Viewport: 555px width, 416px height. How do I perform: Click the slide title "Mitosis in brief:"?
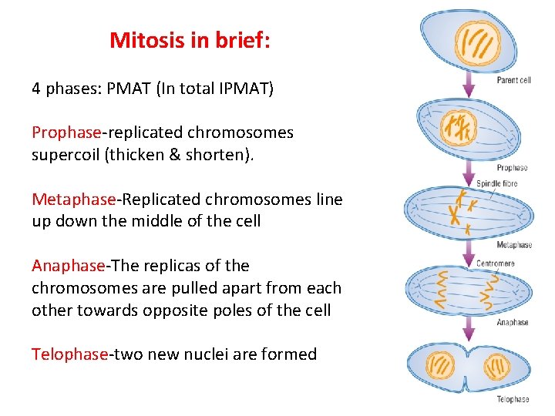(190, 40)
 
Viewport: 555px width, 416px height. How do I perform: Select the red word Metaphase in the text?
(73, 200)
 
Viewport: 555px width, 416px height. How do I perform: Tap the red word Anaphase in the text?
(68, 266)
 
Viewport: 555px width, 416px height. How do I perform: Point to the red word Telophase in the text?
(69, 354)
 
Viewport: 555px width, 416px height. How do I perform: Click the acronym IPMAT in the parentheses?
(246, 88)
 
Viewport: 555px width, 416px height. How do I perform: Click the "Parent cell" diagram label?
(513, 80)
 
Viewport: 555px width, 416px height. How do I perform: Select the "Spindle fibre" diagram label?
(496, 183)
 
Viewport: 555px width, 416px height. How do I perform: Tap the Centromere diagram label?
(496, 263)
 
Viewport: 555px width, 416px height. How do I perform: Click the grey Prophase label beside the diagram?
(512, 167)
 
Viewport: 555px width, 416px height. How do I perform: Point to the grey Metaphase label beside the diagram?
(514, 245)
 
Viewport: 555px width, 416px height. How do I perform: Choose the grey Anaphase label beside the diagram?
(513, 322)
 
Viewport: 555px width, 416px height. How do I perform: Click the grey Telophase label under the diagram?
(513, 399)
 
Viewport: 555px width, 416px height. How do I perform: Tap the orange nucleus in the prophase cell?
(460, 127)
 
